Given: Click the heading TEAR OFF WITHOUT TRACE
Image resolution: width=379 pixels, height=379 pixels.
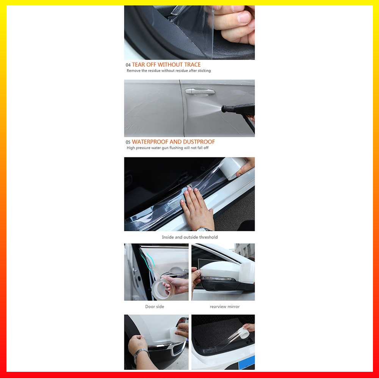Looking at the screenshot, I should click(166, 65).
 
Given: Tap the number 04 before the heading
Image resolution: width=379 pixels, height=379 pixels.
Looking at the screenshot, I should click(128, 65).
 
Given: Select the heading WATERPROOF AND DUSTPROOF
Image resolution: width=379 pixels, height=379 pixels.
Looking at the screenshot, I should click(173, 142).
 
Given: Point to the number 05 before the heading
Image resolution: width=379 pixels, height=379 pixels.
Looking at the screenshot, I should click(128, 143).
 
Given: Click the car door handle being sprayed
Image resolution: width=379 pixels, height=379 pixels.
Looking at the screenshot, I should click(200, 91).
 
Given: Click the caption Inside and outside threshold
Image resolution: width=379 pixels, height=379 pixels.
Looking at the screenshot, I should click(189, 237).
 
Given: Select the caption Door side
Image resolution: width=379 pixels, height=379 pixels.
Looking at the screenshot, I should click(155, 307).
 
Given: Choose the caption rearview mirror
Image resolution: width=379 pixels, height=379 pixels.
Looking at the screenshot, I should click(225, 307).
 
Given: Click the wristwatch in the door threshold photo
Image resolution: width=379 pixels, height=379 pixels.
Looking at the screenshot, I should click(205, 229).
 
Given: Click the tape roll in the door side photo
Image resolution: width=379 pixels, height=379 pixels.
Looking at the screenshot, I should click(162, 289).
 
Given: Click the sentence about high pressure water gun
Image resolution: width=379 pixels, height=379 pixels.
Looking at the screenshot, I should click(168, 148).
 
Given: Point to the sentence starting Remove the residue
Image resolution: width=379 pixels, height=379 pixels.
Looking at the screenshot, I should click(169, 71).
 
